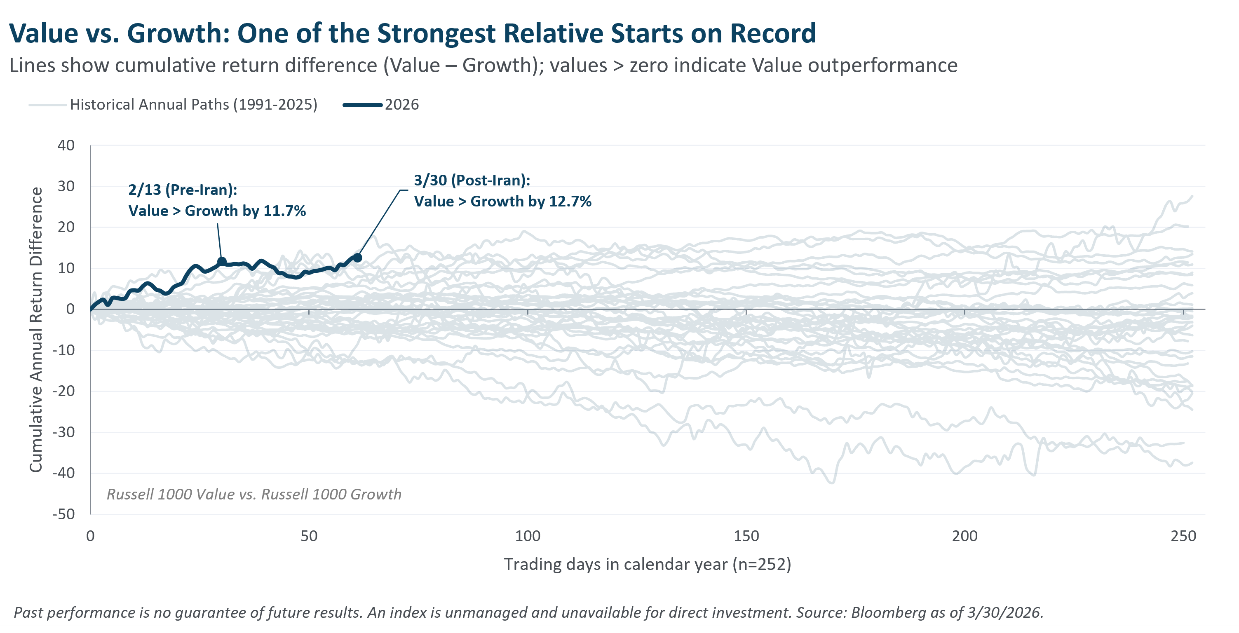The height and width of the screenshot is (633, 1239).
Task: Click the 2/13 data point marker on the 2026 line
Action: click(222, 262)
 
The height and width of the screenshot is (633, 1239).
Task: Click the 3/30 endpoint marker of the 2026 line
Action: click(357, 258)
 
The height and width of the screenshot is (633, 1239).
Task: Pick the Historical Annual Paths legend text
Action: click(193, 104)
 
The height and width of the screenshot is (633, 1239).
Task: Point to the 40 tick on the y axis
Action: click(66, 145)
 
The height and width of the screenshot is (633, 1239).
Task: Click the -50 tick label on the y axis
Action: click(63, 514)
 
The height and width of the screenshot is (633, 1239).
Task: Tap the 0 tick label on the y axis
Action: click(70, 309)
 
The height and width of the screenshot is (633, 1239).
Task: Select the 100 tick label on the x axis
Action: click(527, 536)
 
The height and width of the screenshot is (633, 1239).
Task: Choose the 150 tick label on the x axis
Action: click(746, 536)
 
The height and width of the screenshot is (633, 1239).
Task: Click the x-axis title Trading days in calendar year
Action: click(647, 564)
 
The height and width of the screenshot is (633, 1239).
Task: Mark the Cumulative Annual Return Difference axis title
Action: click(35, 330)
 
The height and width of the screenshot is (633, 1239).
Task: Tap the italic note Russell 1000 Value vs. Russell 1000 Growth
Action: click(253, 494)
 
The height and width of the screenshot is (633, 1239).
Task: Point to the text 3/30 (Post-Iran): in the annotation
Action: click(472, 180)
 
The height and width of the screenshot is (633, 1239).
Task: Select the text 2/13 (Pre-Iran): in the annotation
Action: click(182, 190)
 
